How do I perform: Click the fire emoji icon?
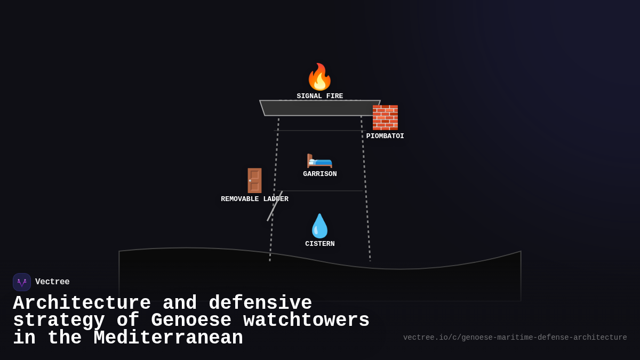click(x=319, y=77)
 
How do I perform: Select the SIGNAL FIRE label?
click(x=319, y=97)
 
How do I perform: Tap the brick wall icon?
click(x=385, y=118)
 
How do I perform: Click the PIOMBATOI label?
click(x=385, y=137)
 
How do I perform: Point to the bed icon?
click(x=319, y=159)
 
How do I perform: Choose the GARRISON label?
click(x=319, y=174)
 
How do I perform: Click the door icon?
click(x=254, y=181)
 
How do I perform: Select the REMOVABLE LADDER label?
click(x=254, y=199)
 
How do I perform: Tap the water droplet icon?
click(x=319, y=226)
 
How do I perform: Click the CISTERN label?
click(x=319, y=244)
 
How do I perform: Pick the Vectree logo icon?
click(x=22, y=282)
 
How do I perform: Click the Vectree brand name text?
click(x=52, y=282)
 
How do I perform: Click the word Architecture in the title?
click(x=82, y=303)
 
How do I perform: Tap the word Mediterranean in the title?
click(x=168, y=338)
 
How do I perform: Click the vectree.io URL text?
click(x=515, y=338)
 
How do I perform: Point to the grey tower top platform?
click(x=319, y=108)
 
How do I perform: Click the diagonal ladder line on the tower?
click(x=275, y=206)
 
